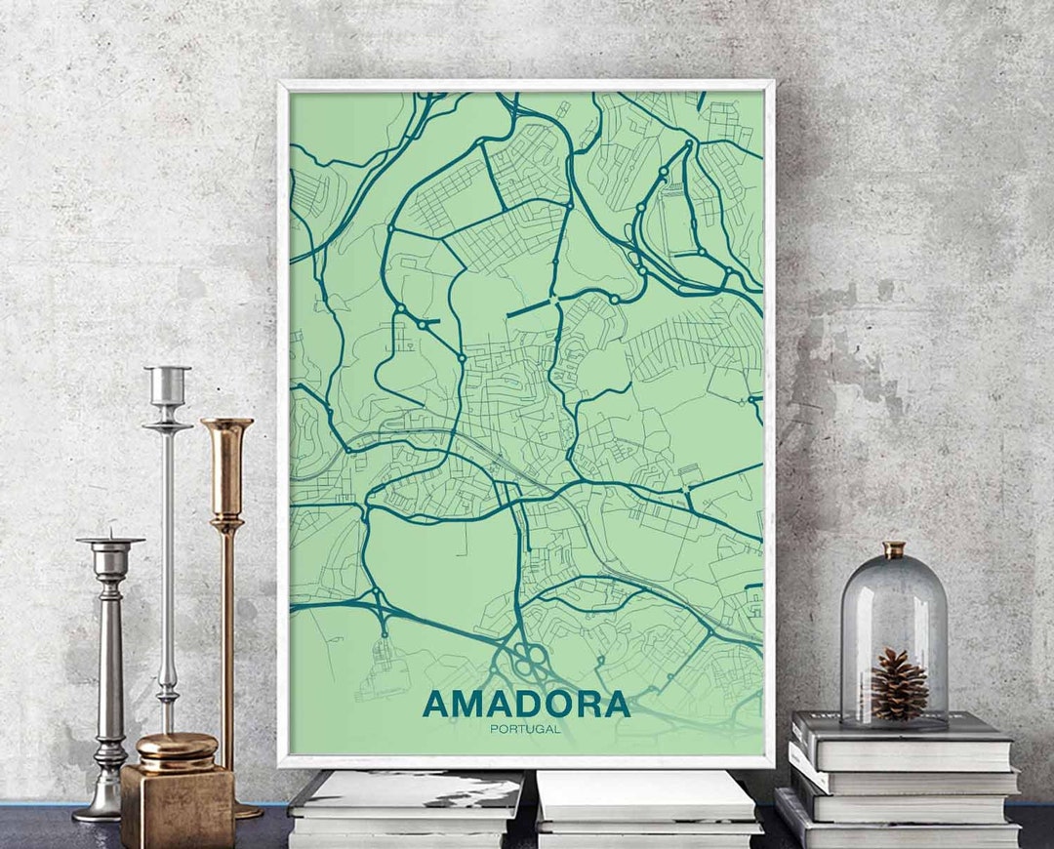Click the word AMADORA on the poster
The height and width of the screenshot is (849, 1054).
526,704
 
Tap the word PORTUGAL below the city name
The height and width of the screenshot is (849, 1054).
526,729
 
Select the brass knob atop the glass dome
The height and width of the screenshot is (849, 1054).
894,549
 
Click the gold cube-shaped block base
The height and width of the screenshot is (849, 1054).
178,805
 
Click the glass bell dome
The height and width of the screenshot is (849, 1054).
894,634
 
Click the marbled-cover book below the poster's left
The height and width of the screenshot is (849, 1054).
408,792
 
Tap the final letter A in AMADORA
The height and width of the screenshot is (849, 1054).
614,704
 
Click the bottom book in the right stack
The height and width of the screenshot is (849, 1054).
898,834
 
